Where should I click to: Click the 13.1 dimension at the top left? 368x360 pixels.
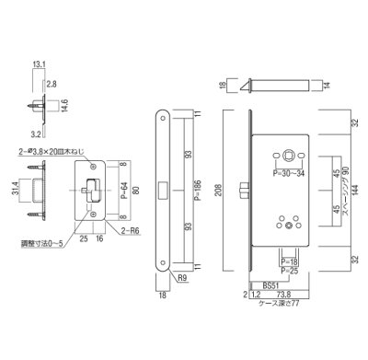tap(37, 64)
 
